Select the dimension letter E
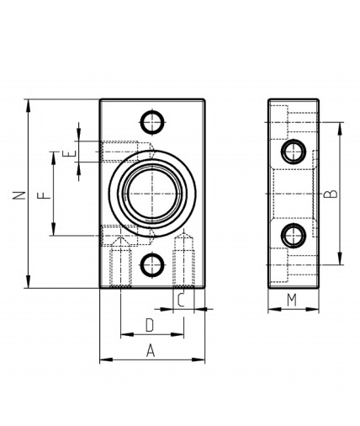69,154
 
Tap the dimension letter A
151,350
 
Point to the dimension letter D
150,326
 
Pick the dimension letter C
181,300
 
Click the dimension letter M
292,300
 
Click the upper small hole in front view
152,122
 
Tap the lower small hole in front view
152,264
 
